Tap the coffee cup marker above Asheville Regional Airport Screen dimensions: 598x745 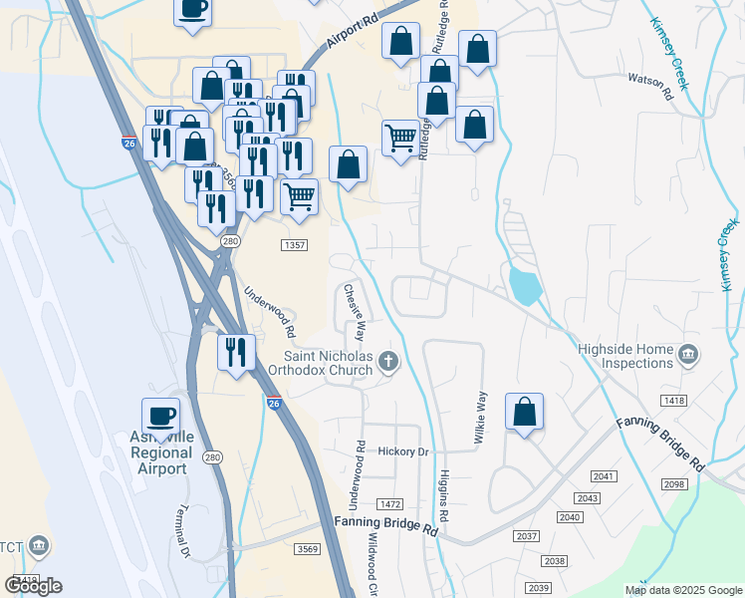[x=159, y=415]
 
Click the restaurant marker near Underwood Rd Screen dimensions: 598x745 [x=236, y=353]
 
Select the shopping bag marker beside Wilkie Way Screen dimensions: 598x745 [x=524, y=412]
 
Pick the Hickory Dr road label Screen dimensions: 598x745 [x=402, y=451]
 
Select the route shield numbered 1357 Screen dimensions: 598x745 [x=294, y=245]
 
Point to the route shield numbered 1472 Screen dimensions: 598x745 [x=389, y=505]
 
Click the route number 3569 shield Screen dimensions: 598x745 [x=307, y=549]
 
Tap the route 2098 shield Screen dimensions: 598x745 [x=674, y=483]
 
